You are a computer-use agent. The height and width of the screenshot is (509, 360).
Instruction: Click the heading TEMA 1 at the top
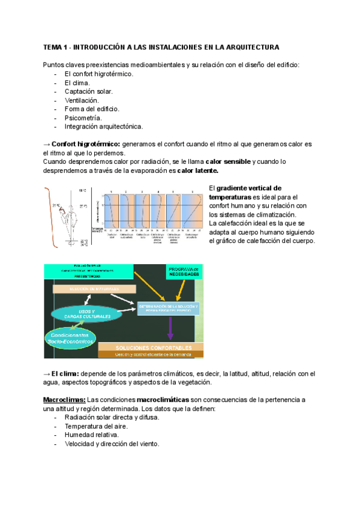pos(161,47)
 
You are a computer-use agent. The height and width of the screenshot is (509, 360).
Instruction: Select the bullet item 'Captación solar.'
pos(88,91)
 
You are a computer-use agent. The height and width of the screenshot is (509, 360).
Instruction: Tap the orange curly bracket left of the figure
pos(47,217)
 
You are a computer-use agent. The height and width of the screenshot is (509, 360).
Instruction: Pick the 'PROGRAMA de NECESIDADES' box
pos(185,271)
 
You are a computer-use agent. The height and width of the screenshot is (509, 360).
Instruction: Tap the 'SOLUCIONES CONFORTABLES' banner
pos(146,348)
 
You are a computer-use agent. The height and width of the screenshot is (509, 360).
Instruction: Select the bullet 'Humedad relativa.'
pos(91,435)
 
